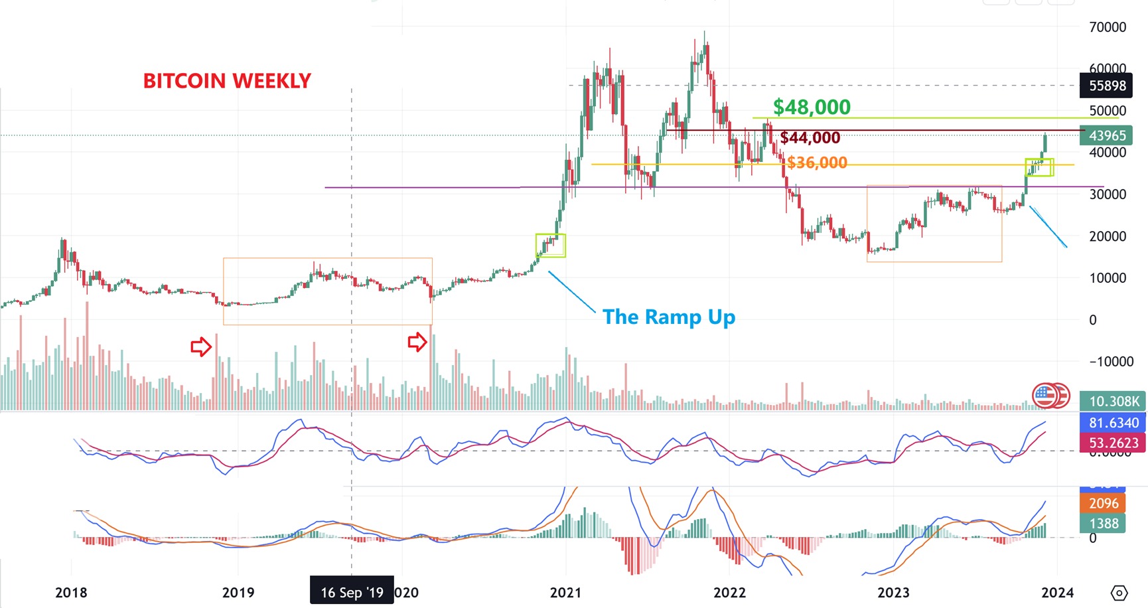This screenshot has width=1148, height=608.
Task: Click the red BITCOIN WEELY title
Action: pyautogui.click(x=227, y=81)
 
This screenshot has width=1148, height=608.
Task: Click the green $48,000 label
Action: pyautogui.click(x=812, y=107)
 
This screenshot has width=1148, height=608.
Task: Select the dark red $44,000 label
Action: pyautogui.click(x=810, y=137)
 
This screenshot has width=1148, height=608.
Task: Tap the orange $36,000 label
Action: pyautogui.click(x=817, y=163)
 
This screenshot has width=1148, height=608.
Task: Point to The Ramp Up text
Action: pyautogui.click(x=668, y=317)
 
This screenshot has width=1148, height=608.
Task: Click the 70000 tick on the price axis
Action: pyautogui.click(x=1108, y=27)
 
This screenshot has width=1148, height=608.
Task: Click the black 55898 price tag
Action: pyautogui.click(x=1107, y=86)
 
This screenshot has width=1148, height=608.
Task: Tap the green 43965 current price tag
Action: pyautogui.click(x=1107, y=135)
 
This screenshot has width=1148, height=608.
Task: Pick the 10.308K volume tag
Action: pyautogui.click(x=1113, y=401)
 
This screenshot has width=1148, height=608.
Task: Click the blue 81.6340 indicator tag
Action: pyautogui.click(x=1113, y=423)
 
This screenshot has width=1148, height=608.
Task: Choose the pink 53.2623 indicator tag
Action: pyautogui.click(x=1113, y=443)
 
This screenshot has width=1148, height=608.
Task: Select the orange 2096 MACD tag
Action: pyautogui.click(x=1104, y=503)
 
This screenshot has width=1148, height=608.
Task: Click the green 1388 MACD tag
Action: pyautogui.click(x=1104, y=524)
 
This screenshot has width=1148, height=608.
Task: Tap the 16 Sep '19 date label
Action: pyautogui.click(x=352, y=592)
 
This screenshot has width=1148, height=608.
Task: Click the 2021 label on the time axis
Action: pyautogui.click(x=566, y=592)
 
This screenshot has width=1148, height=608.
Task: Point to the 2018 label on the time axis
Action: pyautogui.click(x=71, y=592)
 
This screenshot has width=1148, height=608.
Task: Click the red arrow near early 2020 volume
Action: pyautogui.click(x=417, y=342)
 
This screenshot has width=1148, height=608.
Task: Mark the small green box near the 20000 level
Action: pyautogui.click(x=551, y=245)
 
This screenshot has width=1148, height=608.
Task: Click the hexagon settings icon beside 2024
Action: pyautogui.click(x=1119, y=593)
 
